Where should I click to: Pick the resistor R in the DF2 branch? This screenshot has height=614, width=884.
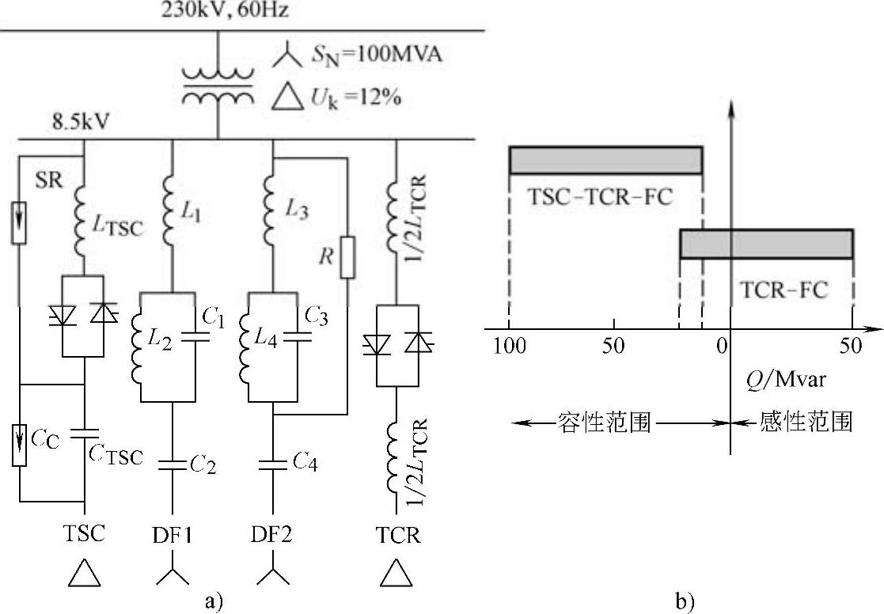(346, 256)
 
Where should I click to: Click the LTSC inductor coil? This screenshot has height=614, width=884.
(84, 224)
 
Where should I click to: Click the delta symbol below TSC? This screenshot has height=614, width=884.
(84, 574)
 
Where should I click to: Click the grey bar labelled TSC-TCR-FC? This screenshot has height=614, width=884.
(605, 160)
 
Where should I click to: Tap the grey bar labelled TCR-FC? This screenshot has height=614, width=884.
(766, 244)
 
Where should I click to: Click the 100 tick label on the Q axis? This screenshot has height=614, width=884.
(509, 345)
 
